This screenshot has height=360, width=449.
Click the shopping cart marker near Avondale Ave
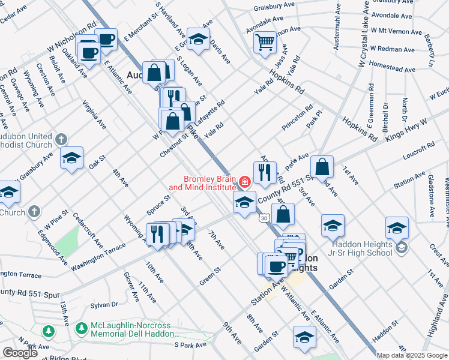point(265,43)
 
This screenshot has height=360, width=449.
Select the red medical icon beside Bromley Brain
point(244,181)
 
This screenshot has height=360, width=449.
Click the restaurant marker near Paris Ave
point(265,173)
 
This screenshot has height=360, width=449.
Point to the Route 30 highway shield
point(264,218)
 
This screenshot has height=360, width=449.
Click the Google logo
point(20,353)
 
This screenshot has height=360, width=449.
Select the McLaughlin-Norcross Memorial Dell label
point(134,329)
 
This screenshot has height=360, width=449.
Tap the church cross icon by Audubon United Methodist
point(61,140)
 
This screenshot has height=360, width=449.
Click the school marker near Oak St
point(72,158)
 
